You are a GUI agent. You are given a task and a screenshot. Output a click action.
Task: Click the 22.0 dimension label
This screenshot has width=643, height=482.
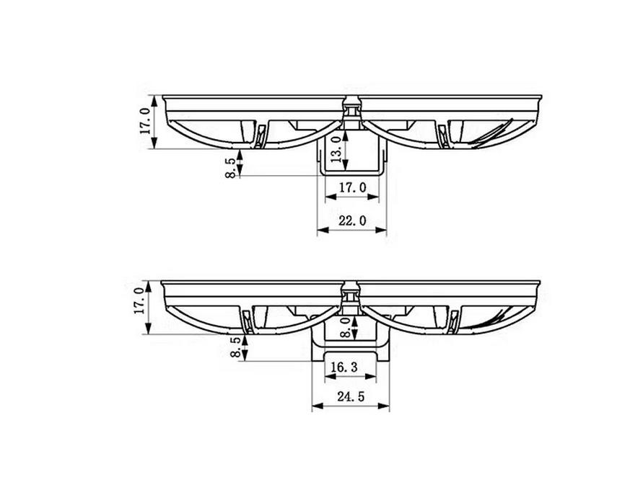(x=352, y=220)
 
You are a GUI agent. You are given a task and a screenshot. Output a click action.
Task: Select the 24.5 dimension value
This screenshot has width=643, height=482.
(x=351, y=396)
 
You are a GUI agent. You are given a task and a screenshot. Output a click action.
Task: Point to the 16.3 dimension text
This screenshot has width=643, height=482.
(x=344, y=367)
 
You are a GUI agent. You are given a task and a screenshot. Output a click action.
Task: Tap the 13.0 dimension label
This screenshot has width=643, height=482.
(x=337, y=149)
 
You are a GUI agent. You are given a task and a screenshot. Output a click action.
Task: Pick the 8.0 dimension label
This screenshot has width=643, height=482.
(x=346, y=328)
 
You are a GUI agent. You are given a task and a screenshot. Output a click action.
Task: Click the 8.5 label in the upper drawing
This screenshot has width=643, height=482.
(x=230, y=168)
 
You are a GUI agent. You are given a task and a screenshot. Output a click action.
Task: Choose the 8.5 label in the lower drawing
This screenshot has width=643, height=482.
(x=235, y=347)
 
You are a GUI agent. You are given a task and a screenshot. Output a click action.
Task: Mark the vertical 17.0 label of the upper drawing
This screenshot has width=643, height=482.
(x=145, y=121)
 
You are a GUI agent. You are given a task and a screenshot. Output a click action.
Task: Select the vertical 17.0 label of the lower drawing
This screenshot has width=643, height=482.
(x=139, y=300)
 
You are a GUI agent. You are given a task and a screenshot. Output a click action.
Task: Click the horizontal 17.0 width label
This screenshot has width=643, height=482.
(x=352, y=187)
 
